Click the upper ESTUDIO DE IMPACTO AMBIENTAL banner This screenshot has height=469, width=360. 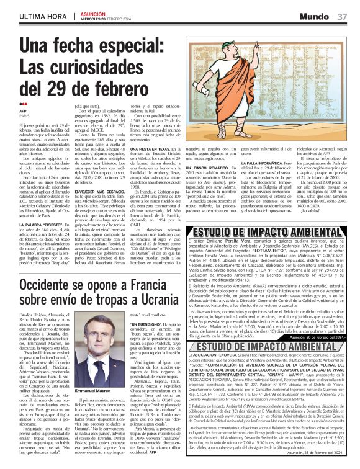264,231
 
